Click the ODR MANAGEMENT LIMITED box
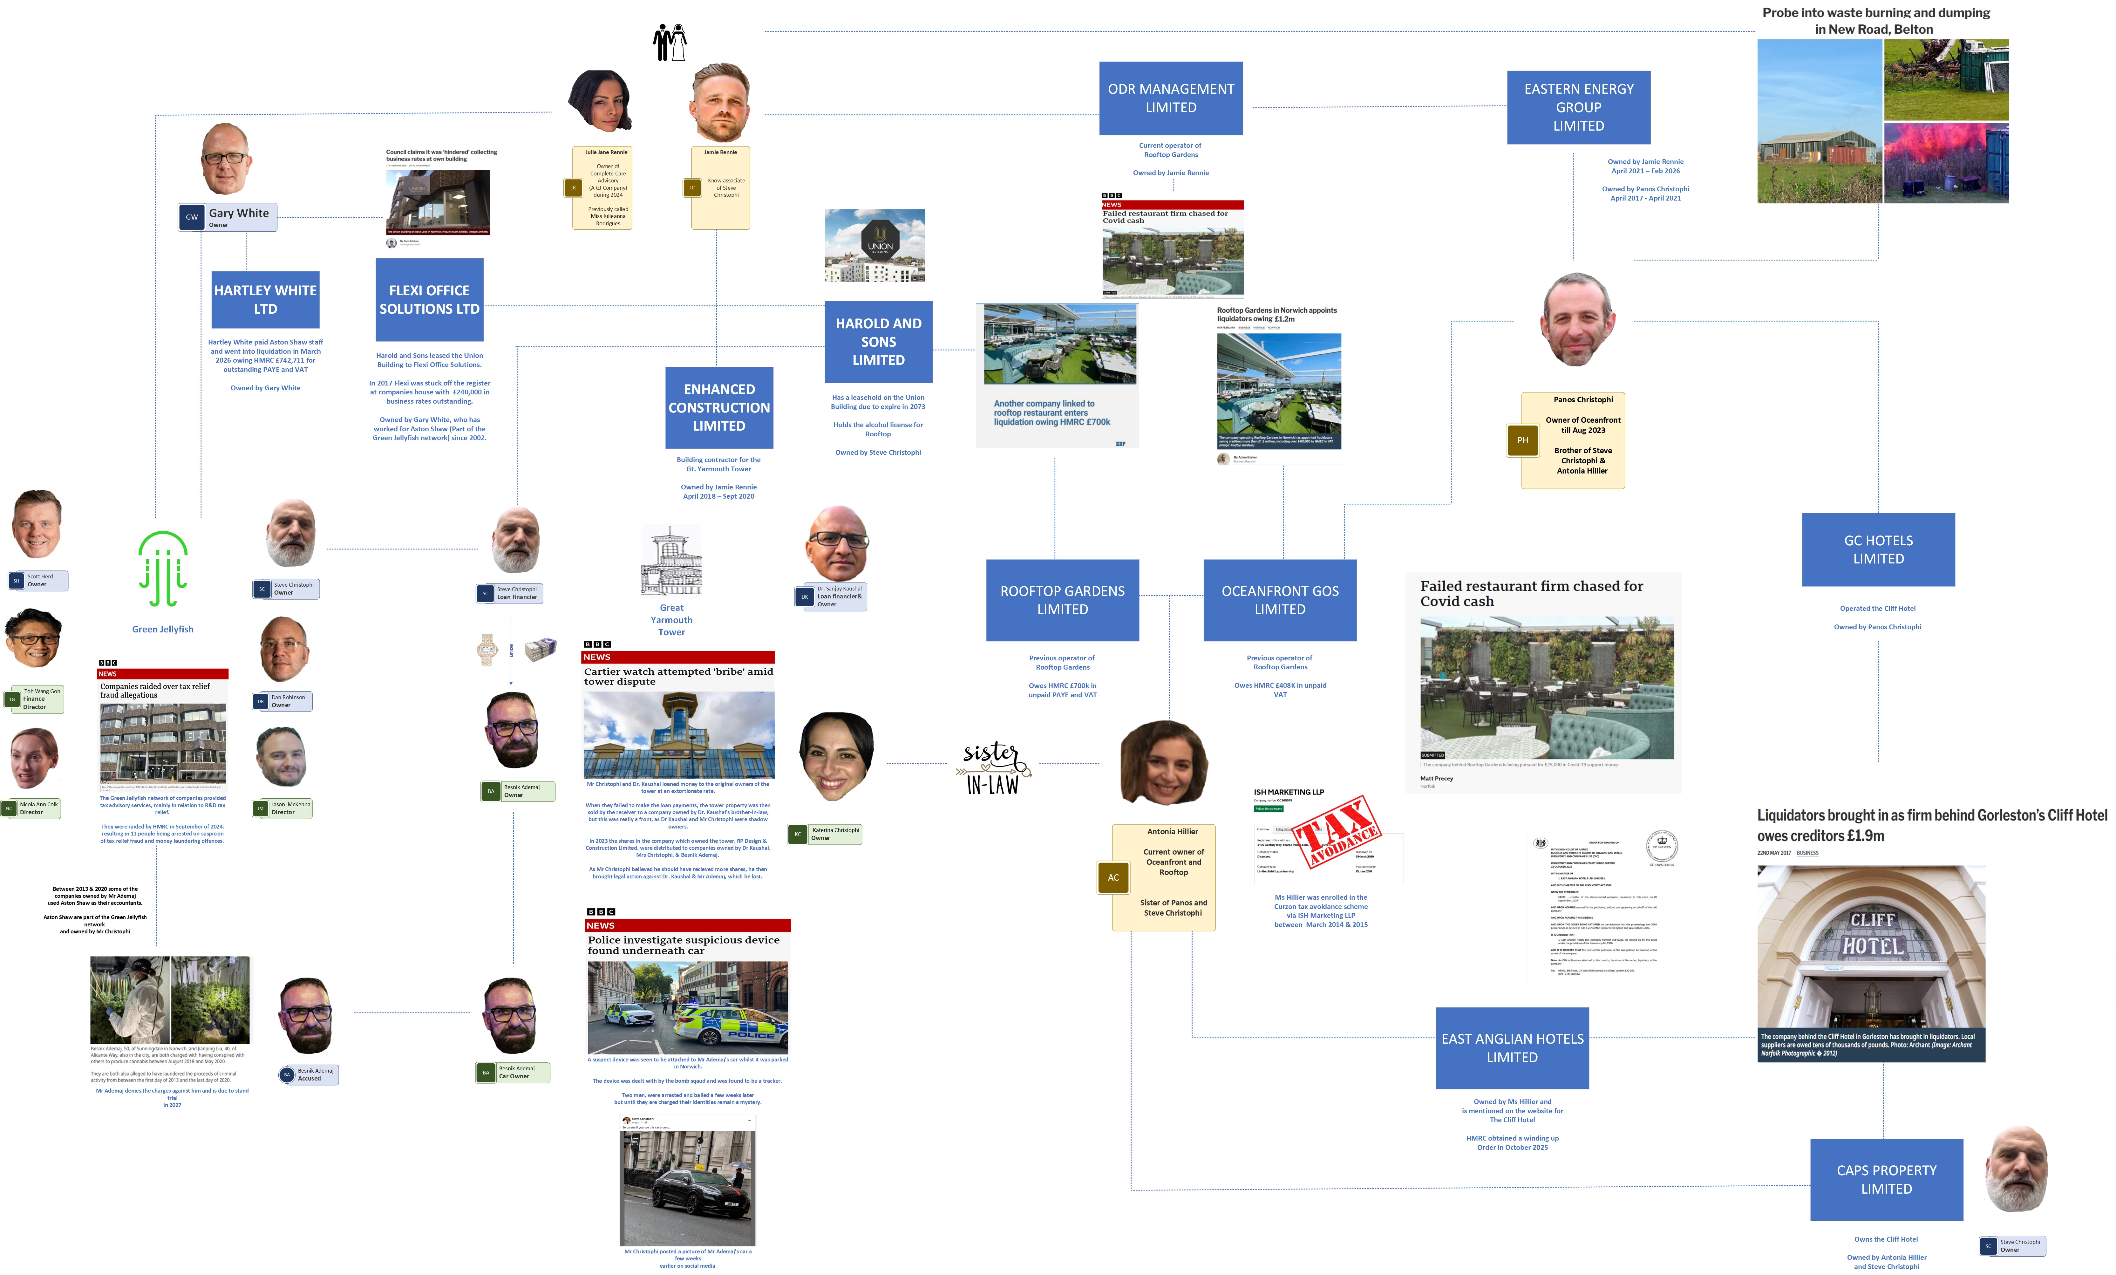click(1171, 98)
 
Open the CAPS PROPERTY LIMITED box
click(1886, 1179)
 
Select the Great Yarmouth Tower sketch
click(671, 562)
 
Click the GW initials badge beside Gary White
click(192, 217)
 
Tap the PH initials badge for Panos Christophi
click(1522, 440)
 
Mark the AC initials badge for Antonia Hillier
click(1113, 876)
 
